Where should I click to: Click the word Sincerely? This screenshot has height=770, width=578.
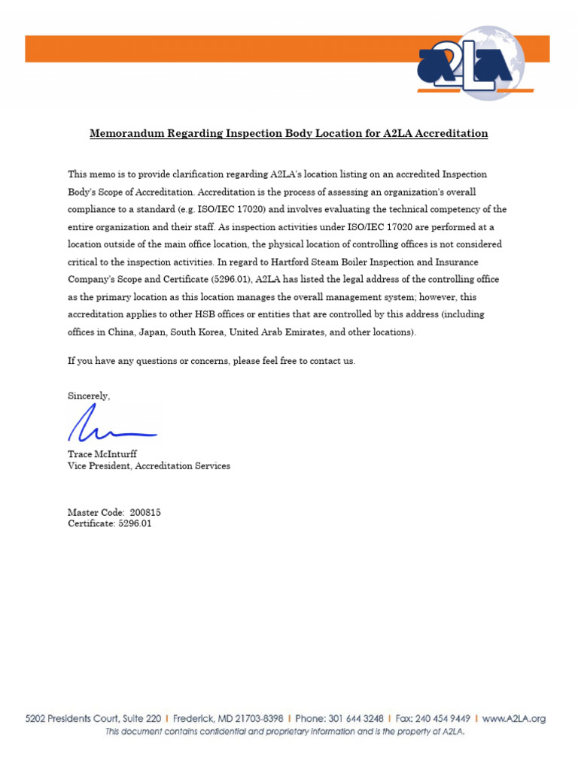(x=89, y=396)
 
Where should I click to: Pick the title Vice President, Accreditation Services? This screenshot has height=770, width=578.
(x=149, y=466)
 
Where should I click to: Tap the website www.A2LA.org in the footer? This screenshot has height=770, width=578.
(x=513, y=719)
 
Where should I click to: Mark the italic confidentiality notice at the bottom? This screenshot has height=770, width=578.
(x=284, y=732)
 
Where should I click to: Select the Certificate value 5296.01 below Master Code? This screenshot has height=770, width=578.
(x=135, y=524)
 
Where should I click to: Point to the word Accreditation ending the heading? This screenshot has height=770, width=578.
(x=449, y=134)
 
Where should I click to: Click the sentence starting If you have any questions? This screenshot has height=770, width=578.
(x=211, y=361)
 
